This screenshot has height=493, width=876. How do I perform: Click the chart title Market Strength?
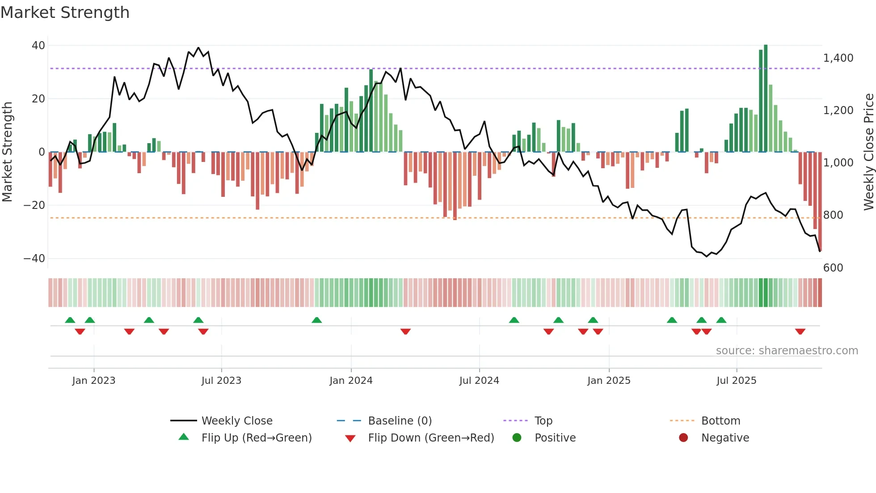click(65, 13)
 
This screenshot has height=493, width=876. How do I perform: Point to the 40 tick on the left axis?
click(38, 46)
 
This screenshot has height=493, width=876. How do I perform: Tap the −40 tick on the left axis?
click(34, 259)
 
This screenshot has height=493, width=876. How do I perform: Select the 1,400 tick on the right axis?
click(838, 58)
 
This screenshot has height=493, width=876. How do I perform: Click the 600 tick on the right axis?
click(833, 268)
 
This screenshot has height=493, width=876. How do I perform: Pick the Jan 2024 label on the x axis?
click(351, 381)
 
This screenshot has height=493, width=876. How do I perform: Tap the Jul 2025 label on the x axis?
click(736, 381)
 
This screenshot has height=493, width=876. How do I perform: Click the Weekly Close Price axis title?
click(868, 152)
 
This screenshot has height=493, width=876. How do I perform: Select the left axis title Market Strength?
click(7, 152)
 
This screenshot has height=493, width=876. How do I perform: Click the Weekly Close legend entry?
click(236, 421)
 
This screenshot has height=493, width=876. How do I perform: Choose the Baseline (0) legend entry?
click(400, 421)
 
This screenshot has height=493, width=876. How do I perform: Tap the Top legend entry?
click(543, 421)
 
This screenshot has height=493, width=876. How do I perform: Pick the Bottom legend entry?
click(720, 421)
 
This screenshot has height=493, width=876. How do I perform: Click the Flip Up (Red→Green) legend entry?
click(256, 438)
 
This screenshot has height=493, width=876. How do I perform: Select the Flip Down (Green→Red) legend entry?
click(431, 438)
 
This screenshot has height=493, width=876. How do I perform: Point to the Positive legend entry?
click(555, 438)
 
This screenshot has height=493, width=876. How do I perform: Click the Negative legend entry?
click(724, 438)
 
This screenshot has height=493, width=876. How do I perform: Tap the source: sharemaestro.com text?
click(787, 351)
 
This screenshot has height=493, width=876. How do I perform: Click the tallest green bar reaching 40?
click(766, 98)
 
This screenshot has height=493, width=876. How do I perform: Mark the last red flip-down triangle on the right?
click(800, 331)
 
